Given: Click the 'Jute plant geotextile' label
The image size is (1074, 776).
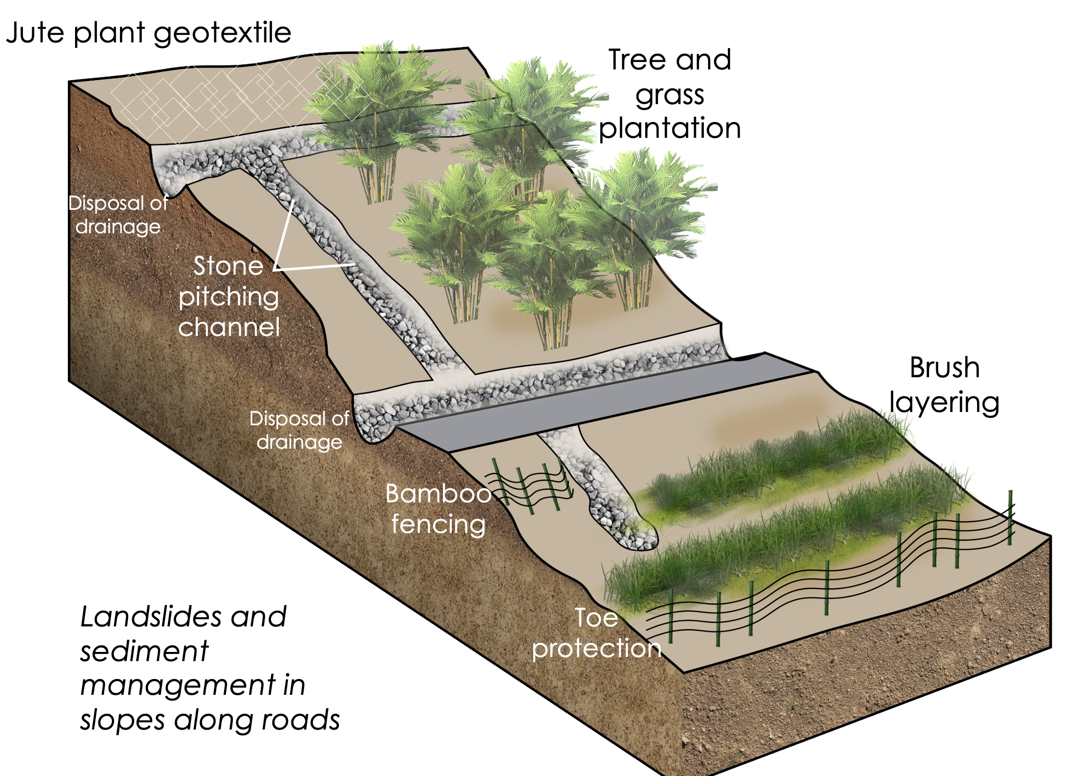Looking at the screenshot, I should click(x=148, y=34).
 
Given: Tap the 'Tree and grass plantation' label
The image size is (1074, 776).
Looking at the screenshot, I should click(x=670, y=94).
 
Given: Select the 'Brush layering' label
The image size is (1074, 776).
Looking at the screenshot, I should click(x=944, y=385).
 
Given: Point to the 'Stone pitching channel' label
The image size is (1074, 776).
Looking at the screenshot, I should click(x=229, y=297).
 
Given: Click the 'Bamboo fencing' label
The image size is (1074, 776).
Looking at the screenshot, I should click(x=438, y=509).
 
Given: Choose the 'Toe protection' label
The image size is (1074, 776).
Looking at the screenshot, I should click(x=596, y=633).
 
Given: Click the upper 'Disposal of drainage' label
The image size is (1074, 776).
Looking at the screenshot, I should click(x=118, y=215).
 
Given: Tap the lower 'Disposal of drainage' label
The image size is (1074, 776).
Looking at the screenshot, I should click(x=299, y=430).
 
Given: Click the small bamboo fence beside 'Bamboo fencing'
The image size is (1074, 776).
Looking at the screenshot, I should click(x=531, y=485).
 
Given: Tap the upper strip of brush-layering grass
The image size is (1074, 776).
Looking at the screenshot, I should click(x=776, y=459).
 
